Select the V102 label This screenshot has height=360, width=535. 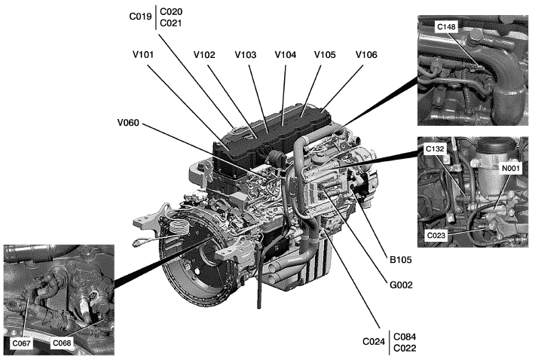click(205, 54)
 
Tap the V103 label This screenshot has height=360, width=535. click(246, 54)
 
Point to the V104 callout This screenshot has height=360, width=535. click(286, 54)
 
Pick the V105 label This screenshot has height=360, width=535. click(326, 54)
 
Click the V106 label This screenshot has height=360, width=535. click(366, 54)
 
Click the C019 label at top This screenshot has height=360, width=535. click(139, 17)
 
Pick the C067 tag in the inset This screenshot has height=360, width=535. click(22, 343)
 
